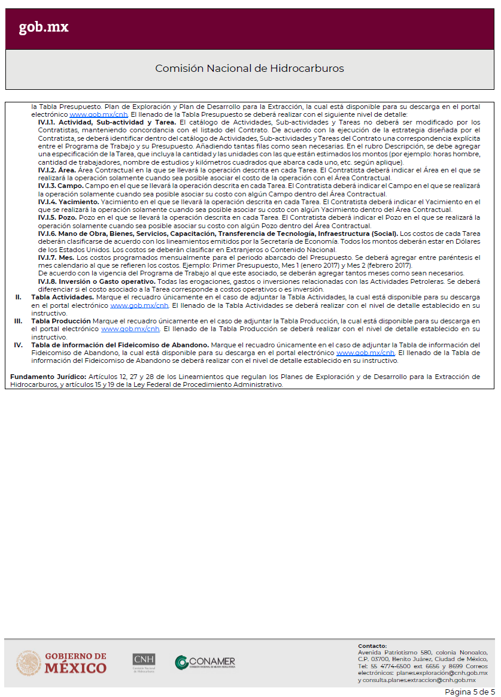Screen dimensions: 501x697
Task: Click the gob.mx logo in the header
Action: click(44, 28)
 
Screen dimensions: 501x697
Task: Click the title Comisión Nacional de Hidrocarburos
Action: click(250, 68)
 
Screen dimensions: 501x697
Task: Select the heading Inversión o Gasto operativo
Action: click(96, 281)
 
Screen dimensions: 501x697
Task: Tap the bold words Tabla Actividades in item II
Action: click(63, 297)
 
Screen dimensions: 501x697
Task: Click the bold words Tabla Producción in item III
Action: click(62, 321)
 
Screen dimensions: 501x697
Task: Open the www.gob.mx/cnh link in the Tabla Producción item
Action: click(130, 329)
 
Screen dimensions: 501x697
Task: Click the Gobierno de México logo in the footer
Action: click(62, 663)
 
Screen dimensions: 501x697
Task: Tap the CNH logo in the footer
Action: click(144, 662)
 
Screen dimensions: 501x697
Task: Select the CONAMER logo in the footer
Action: click(205, 663)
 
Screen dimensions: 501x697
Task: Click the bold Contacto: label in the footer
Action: click(372, 646)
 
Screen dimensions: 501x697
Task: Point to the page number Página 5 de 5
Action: click(469, 692)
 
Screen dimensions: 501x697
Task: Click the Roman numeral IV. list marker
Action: click(19, 345)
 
